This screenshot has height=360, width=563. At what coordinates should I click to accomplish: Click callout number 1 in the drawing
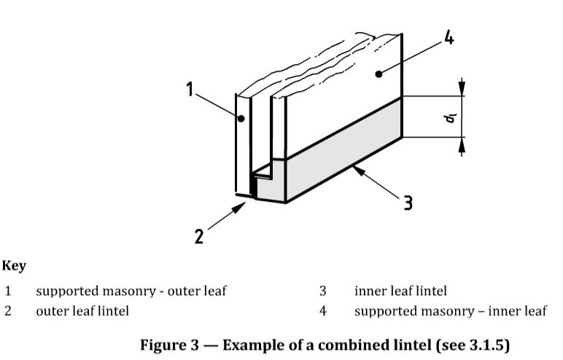click(190, 90)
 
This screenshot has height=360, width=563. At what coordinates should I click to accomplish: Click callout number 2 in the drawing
click(199, 237)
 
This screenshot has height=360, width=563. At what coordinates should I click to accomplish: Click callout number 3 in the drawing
click(408, 203)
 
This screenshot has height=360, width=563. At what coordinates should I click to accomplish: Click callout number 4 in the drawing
click(449, 37)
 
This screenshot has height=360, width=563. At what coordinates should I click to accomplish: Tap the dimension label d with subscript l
click(450, 118)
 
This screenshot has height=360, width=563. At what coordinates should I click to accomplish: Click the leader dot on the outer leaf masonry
click(241, 118)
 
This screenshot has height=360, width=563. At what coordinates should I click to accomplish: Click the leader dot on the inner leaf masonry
click(378, 74)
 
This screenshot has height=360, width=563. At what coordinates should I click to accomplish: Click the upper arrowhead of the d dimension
click(462, 88)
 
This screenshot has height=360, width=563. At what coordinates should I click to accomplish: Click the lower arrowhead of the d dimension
click(462, 145)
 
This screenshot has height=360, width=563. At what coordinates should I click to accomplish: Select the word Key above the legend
click(14, 266)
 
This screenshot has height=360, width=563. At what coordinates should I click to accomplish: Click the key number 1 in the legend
click(8, 291)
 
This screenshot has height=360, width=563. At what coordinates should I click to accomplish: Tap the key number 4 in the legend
click(323, 311)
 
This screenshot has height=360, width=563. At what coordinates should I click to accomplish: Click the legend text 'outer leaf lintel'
click(82, 311)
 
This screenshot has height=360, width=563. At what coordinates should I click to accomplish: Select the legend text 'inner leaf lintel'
click(400, 291)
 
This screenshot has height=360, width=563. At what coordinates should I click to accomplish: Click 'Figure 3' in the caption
click(169, 345)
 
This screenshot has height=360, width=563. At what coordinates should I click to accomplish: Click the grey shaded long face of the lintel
click(343, 151)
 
